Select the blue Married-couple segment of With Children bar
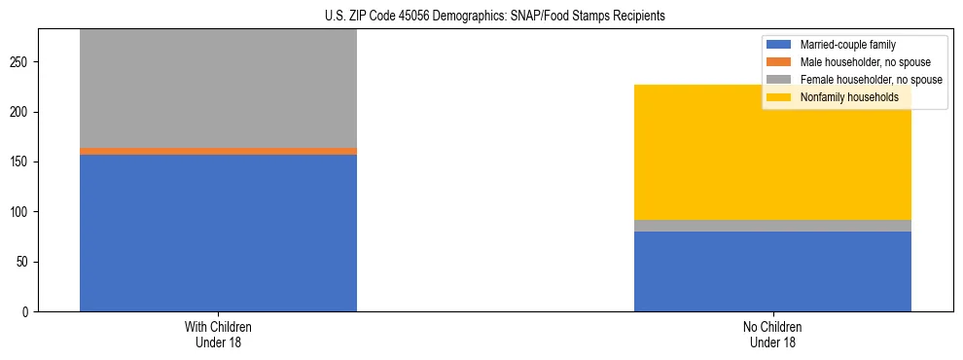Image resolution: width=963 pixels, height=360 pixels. (218, 233)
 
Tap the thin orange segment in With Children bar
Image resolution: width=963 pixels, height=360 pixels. (218, 151)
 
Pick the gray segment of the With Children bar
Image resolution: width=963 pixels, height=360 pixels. (218, 88)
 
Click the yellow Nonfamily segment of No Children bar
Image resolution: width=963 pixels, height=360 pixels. (772, 152)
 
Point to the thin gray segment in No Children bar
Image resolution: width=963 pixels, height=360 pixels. (772, 226)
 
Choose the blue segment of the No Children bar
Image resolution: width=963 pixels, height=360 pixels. (772, 271)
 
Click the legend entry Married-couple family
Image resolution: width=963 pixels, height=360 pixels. (847, 45)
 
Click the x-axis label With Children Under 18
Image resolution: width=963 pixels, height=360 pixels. (218, 334)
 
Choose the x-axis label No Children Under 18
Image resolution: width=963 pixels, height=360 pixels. (772, 334)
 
